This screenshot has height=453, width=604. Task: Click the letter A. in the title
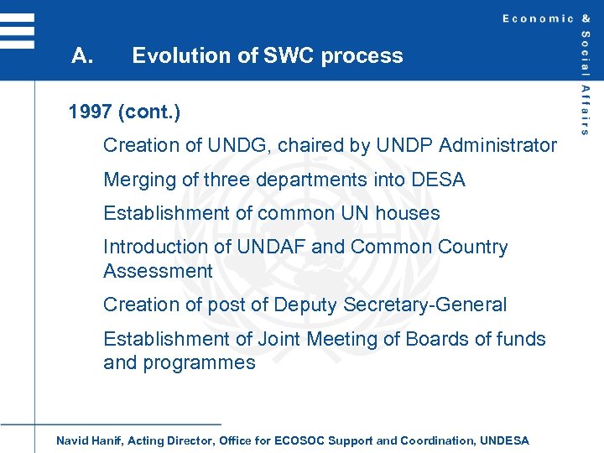coord(82,56)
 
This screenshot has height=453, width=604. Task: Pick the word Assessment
coord(158,271)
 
